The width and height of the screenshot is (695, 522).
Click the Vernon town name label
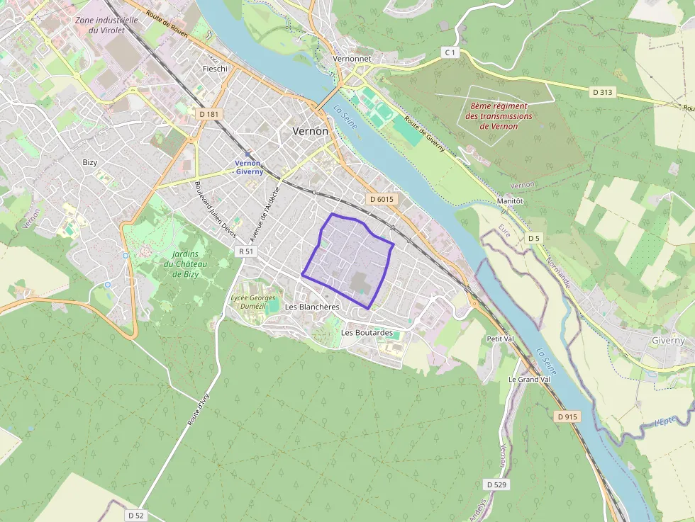tap(311, 132)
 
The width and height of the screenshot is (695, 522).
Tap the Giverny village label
tap(668, 341)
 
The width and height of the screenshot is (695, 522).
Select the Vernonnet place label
tap(352, 59)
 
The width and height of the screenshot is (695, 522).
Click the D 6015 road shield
tap(381, 200)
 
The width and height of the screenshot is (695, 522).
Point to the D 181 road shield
tap(208, 114)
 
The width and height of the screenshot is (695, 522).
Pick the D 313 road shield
tap(603, 92)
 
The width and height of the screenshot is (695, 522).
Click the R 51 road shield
tap(246, 251)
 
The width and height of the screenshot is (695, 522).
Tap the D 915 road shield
tap(567, 416)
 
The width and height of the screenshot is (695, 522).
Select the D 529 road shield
tap(499, 484)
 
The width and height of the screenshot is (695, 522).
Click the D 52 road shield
tap(135, 515)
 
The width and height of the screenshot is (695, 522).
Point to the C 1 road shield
tap(450, 52)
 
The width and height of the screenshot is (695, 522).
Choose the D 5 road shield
tap(534, 239)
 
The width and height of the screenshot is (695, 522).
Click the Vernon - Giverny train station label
tap(249, 167)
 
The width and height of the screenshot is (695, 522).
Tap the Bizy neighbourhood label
tap(89, 162)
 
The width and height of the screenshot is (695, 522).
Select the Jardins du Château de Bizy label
tap(184, 265)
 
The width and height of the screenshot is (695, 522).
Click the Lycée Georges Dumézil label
tap(252, 302)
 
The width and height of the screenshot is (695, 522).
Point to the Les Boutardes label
tap(367, 332)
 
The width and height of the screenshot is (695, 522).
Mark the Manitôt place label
tap(510, 201)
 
